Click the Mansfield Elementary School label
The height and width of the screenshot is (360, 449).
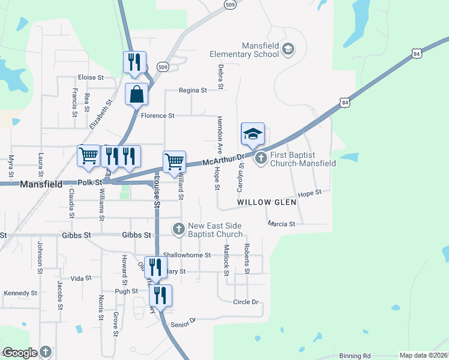[x=244, y=50]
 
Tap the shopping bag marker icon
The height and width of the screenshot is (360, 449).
[x=136, y=94]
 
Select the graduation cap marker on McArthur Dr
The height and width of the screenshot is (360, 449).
[x=253, y=134]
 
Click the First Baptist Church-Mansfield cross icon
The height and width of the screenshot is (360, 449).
[x=261, y=158]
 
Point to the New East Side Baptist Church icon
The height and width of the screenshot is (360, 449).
[x=178, y=229]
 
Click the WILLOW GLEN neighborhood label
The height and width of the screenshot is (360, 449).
[x=264, y=203]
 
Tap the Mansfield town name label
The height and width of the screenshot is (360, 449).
[x=41, y=185]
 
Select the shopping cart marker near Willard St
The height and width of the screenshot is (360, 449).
[x=174, y=161]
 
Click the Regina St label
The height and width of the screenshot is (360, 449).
[x=193, y=90]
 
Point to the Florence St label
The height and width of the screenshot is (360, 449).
[x=157, y=115]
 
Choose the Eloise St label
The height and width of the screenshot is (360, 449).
[x=91, y=77]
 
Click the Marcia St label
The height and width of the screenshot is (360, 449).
[x=282, y=224]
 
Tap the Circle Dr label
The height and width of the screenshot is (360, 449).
[x=246, y=302]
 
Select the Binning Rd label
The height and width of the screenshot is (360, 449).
[x=355, y=356]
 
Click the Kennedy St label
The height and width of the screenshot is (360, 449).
[x=20, y=293]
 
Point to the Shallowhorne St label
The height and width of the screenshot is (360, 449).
[x=187, y=254]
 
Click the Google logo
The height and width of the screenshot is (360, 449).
[x=20, y=353]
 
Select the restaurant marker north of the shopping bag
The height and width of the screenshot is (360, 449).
[x=134, y=62]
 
